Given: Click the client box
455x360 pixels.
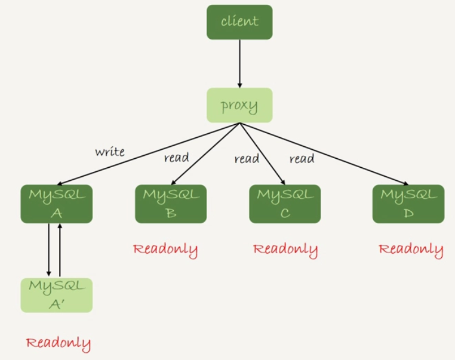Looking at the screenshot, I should click(x=239, y=22).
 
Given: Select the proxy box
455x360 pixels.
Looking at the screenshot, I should click(x=239, y=106).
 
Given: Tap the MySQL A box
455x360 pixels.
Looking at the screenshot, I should click(x=56, y=204).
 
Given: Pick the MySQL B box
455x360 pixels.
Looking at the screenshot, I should click(x=171, y=204).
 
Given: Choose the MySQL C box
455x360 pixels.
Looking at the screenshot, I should click(x=285, y=204).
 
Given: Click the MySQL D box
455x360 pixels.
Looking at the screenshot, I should click(x=408, y=204).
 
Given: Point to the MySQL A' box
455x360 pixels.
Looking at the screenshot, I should click(x=56, y=294).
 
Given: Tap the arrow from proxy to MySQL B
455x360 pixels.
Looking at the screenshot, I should click(x=205, y=154).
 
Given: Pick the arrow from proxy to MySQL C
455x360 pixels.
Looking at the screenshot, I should click(x=262, y=153).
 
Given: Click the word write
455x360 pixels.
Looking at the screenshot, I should click(x=110, y=152).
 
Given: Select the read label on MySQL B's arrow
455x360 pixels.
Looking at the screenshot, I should click(x=176, y=158).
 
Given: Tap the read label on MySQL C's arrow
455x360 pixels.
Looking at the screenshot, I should click(x=247, y=159).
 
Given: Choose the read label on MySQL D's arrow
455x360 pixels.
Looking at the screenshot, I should click(x=302, y=159).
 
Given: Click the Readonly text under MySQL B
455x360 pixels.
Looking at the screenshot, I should click(x=165, y=249).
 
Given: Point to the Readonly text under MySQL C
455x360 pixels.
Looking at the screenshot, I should click(x=285, y=249).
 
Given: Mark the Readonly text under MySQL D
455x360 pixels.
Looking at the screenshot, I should click(x=411, y=249).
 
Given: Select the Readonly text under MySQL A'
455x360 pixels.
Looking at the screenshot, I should click(x=59, y=343).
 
